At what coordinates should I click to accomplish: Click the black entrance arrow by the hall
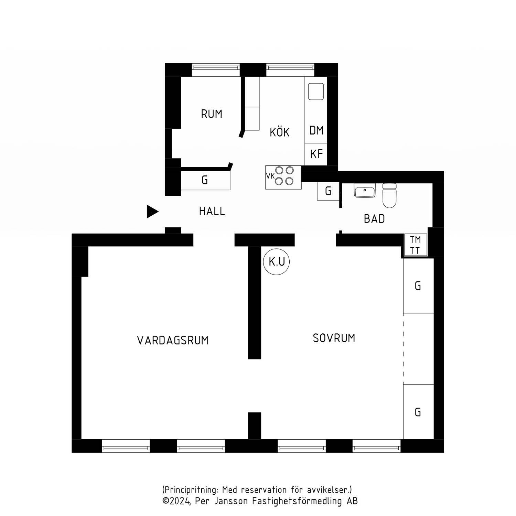152,212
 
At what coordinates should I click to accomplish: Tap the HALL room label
212,211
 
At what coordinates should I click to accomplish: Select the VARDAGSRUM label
173,341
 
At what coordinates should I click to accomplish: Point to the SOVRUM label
334,338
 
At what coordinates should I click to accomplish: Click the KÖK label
279,132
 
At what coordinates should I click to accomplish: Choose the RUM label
212,114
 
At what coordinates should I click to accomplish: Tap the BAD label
374,219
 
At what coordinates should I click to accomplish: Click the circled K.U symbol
277,262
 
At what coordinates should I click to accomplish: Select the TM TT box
415,245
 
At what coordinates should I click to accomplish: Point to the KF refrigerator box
316,154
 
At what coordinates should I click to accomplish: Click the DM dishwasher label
316,130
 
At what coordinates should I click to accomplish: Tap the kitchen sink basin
316,91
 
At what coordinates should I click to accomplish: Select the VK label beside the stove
270,176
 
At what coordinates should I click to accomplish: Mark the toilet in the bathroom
389,196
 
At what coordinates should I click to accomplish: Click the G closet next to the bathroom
328,191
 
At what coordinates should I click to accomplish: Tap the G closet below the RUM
205,180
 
